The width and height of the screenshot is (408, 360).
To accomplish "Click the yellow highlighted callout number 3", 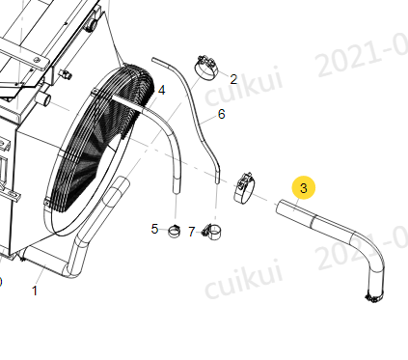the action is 304,188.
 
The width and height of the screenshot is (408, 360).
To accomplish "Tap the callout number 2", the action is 233,79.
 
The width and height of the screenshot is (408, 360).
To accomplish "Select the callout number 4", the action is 161,91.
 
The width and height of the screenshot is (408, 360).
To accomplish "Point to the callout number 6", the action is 222,114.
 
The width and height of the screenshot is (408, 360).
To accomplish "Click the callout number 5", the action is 154,229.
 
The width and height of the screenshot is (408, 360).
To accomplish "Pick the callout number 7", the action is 192,232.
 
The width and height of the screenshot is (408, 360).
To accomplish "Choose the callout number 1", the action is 35,291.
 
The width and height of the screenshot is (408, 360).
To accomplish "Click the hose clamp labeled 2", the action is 206,68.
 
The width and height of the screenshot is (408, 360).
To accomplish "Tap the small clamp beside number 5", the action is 175,232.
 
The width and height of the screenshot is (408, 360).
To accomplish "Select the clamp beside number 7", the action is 212,232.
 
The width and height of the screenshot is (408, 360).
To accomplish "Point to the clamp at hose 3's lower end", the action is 373,297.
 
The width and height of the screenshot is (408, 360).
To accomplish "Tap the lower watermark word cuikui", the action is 244,279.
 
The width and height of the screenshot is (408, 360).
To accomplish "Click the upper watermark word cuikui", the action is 244,85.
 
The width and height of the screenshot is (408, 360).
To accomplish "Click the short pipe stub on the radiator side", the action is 43,98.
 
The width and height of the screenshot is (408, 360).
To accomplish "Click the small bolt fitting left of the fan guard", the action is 66,74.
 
